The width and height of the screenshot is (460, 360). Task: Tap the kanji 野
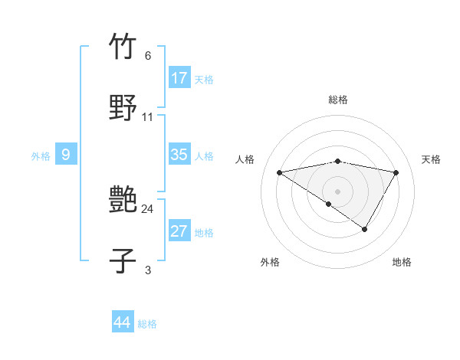[x=123, y=107]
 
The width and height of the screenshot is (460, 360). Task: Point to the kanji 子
[x=123, y=260]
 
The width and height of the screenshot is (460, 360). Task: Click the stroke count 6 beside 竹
[x=148, y=56]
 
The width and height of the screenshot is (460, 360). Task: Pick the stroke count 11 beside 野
[x=148, y=117]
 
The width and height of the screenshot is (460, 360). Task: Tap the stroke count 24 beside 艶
[x=148, y=208]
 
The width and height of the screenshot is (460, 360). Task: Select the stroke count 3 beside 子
[x=148, y=270]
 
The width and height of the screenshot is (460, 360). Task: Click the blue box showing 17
[x=179, y=78]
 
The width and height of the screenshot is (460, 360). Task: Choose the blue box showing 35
[x=179, y=155]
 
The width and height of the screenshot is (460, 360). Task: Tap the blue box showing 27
[x=179, y=231]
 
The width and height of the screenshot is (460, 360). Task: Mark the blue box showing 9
[x=66, y=155]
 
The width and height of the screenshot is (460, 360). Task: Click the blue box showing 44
[x=123, y=322]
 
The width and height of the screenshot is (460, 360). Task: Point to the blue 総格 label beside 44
[x=147, y=324]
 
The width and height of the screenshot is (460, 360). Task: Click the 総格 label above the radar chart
[x=338, y=100]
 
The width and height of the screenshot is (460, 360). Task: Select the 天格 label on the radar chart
[x=432, y=159]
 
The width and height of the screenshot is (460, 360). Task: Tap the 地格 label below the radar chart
[x=402, y=262]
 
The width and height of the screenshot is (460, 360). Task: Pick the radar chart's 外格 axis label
[x=270, y=262]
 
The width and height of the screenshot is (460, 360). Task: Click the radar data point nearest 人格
[x=280, y=172]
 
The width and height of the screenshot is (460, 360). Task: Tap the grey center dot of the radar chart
[x=337, y=191]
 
